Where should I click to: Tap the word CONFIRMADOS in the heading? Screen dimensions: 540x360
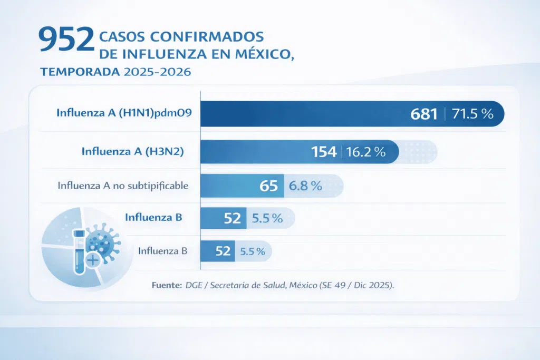click(x=207, y=36)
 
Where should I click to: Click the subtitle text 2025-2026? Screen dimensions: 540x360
click(x=157, y=72)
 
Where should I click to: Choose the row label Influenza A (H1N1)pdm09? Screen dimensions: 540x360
click(x=124, y=113)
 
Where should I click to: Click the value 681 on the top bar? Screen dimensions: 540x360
click(x=424, y=114)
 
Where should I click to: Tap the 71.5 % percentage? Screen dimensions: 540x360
click(x=472, y=114)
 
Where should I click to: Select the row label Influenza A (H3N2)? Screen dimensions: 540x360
click(x=132, y=151)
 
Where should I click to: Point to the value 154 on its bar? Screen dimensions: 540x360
click(x=324, y=152)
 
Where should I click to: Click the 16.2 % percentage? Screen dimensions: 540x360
click(x=366, y=152)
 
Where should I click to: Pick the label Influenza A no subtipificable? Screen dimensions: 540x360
click(x=123, y=186)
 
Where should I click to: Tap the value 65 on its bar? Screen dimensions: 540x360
click(x=268, y=186)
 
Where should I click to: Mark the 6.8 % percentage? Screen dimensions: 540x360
click(x=305, y=186)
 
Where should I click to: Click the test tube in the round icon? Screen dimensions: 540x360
click(x=79, y=252)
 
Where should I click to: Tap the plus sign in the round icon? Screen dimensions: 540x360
click(x=93, y=260)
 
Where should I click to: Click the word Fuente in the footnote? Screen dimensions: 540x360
click(x=167, y=285)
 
